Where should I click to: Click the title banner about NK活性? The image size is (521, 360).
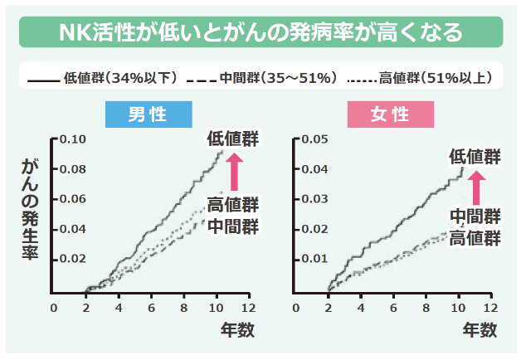pyautogui.click(x=260, y=33)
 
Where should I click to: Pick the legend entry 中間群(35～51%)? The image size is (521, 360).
pyautogui.click(x=262, y=78)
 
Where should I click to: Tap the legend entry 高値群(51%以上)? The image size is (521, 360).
pyautogui.click(x=418, y=78)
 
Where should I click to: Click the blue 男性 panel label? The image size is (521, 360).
pyautogui.click(x=149, y=114)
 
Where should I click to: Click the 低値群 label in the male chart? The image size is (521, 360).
pyautogui.click(x=233, y=139)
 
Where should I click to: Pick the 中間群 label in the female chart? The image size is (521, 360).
pyautogui.click(x=475, y=217)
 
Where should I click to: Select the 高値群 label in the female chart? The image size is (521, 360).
pyautogui.click(x=475, y=239)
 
